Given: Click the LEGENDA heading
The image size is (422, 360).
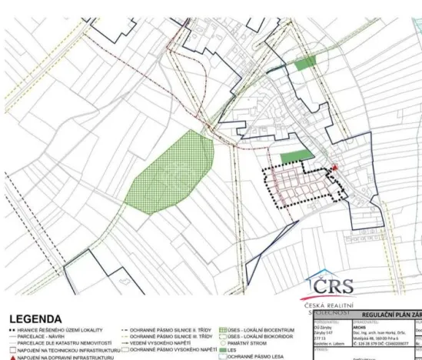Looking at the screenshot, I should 35,318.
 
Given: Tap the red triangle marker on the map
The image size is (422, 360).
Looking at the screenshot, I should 334,168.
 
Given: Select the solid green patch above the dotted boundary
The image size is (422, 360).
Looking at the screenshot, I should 297,157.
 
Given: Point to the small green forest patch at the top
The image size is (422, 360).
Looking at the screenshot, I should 305,63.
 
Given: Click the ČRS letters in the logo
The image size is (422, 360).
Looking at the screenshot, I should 334,286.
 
